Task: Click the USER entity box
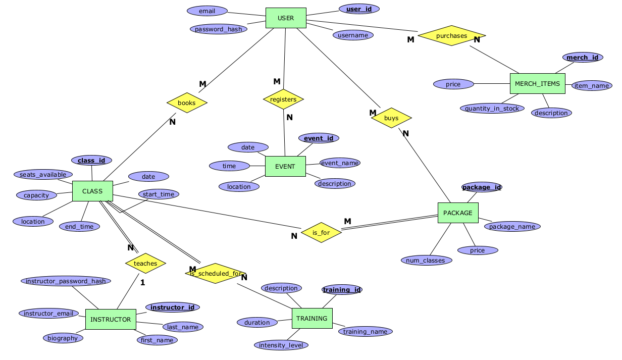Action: [286, 18]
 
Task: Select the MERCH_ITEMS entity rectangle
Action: [537, 83]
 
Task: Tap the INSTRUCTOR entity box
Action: [111, 319]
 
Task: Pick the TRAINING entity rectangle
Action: [312, 318]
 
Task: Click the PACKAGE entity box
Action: [457, 213]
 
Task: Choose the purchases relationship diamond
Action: [451, 36]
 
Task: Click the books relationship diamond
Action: [187, 103]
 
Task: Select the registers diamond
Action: [283, 99]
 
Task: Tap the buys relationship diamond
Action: [391, 118]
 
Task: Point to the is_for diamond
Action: [321, 233]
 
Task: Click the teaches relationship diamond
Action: [145, 263]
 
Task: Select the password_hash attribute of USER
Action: [219, 29]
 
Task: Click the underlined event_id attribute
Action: [319, 138]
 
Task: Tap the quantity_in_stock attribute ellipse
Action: [492, 108]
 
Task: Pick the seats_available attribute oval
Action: [43, 175]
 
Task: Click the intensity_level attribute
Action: [281, 345]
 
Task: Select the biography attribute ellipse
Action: [63, 338]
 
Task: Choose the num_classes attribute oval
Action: [426, 261]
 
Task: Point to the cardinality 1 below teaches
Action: [142, 282]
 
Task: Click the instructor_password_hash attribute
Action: [66, 281]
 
